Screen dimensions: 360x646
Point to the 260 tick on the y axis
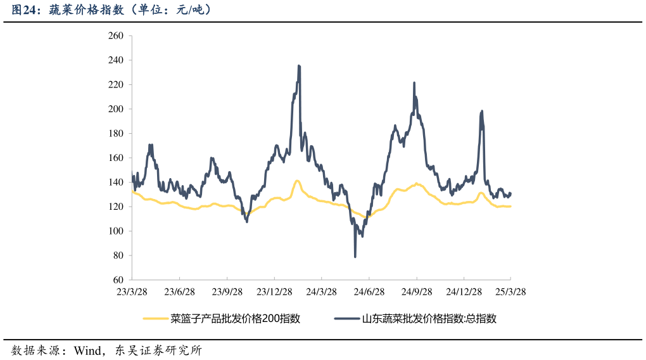click(x=115, y=36)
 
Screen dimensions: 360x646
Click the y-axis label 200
click(x=115, y=109)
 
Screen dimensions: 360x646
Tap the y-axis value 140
click(x=115, y=183)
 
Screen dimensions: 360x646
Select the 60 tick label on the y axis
click(x=118, y=280)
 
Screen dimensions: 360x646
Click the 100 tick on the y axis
click(x=115, y=231)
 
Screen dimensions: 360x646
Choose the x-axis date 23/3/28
click(x=132, y=292)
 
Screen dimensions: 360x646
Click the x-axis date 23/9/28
click(x=227, y=292)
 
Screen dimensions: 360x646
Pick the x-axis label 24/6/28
click(x=369, y=292)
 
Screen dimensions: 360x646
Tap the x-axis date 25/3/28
click(x=510, y=292)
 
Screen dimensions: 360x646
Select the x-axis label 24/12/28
click(x=464, y=292)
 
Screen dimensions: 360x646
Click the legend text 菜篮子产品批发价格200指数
click(x=235, y=319)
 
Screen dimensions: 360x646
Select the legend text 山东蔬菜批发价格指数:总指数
click(x=429, y=319)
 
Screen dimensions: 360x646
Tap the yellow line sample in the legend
click(x=156, y=319)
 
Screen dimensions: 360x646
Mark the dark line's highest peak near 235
click(x=299, y=66)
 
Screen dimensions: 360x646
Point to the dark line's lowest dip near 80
click(x=355, y=256)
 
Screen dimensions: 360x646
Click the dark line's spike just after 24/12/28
click(x=482, y=112)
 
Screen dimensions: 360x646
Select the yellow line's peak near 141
click(x=296, y=181)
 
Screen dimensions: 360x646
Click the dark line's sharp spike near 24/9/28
click(x=414, y=83)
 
